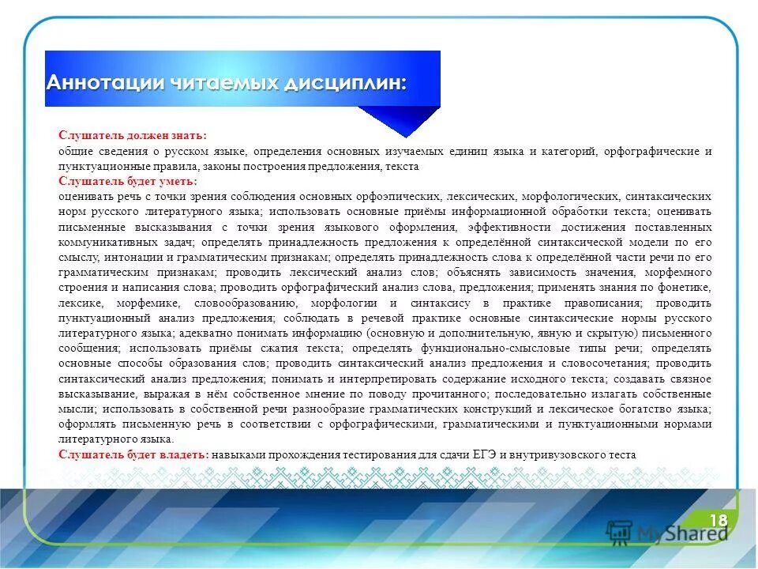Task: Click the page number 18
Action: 719,519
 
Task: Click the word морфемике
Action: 151,303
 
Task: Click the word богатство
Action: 644,409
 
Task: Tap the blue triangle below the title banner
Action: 401,119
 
